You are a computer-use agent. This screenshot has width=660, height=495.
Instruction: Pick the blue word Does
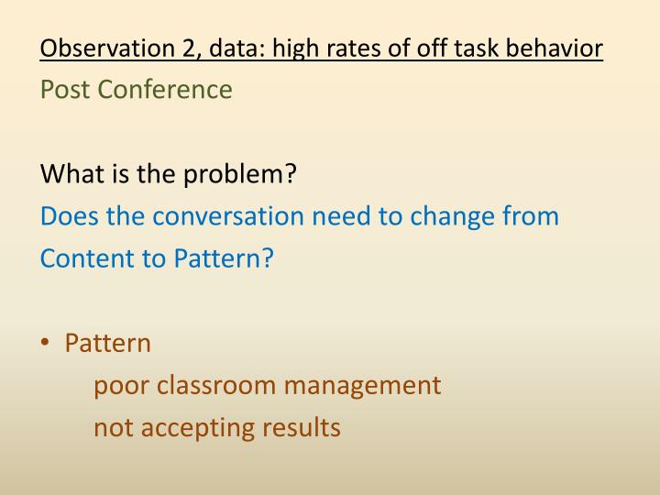click(67, 216)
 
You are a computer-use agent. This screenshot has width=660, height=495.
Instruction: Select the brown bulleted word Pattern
click(107, 343)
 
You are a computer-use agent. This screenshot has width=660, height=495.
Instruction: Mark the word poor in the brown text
click(121, 385)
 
